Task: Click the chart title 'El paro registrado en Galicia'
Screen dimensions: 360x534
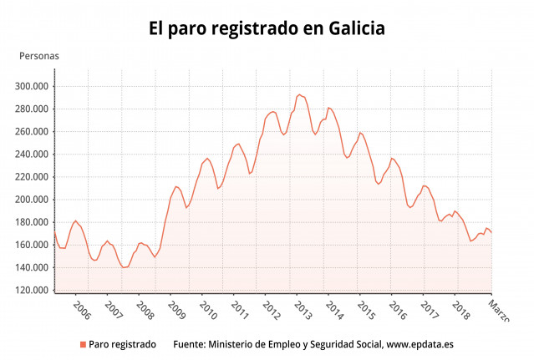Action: [x=267, y=28]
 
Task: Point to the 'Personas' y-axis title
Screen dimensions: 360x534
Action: [x=39, y=56]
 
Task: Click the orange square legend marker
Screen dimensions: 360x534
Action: [x=83, y=344]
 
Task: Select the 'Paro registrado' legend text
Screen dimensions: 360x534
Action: [x=122, y=344]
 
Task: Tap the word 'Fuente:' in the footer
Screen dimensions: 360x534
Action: [x=189, y=344]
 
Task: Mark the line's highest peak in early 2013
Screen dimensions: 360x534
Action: [x=299, y=94]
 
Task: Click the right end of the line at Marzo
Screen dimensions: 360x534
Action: [x=491, y=232]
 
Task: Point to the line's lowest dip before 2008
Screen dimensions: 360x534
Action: [x=125, y=267]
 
